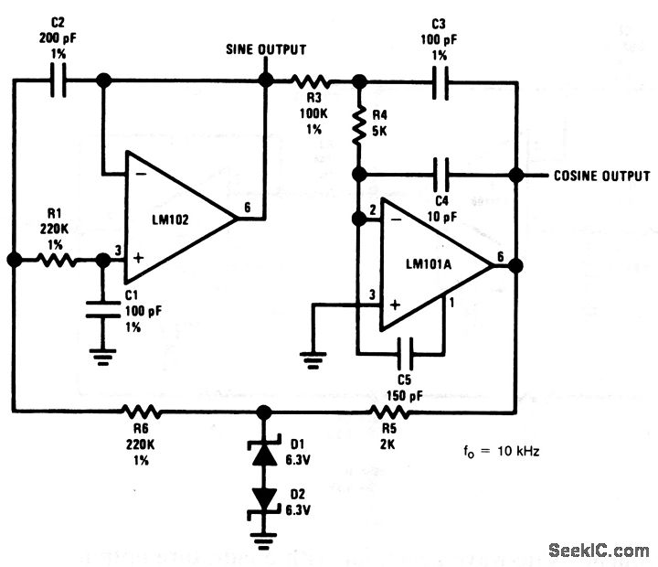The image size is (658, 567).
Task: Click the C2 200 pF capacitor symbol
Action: click(x=58, y=80)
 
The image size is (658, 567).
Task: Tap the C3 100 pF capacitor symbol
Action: click(x=440, y=82)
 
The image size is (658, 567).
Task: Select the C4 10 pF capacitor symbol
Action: click(x=440, y=175)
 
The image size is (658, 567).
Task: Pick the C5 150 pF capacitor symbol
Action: click(x=406, y=354)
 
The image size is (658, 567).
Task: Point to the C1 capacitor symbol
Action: click(x=102, y=309)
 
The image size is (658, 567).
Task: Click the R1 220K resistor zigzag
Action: click(x=57, y=260)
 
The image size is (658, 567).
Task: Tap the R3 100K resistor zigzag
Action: click(x=311, y=81)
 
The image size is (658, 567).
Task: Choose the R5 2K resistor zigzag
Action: click(x=388, y=412)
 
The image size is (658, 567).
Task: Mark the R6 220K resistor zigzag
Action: click(x=141, y=412)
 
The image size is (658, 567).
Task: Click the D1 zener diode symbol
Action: click(x=264, y=453)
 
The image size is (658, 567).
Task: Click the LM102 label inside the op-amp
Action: click(x=170, y=219)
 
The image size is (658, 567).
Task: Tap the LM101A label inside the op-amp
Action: click(x=429, y=264)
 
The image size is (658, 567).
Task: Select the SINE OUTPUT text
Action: click(x=266, y=49)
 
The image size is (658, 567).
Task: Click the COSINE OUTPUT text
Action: click(x=601, y=176)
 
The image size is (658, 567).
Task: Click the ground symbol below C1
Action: click(x=102, y=357)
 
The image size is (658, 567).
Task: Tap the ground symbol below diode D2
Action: click(x=263, y=541)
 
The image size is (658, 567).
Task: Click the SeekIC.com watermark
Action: click(x=599, y=551)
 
